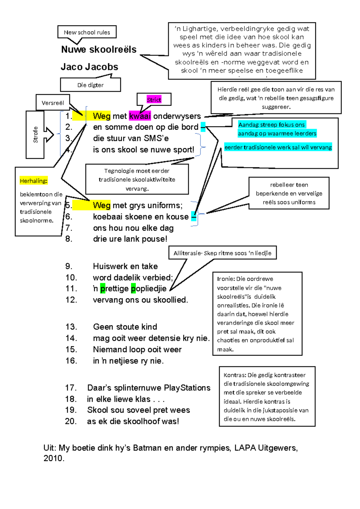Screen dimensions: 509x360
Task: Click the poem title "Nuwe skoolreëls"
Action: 99,50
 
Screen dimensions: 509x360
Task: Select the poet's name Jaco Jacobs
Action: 89,67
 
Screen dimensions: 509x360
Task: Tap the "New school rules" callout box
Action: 87,32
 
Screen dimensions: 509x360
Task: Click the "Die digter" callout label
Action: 90,85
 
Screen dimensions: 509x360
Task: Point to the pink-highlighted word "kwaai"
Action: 140,116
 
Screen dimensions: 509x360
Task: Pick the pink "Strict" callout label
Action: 154,100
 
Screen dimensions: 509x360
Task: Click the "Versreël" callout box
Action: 53,103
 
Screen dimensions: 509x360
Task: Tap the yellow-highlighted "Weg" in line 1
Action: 102,116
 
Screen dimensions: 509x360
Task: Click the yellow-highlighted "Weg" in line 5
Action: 102,205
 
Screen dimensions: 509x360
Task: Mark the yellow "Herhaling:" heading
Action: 34,181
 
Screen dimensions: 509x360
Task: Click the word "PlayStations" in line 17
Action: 187,388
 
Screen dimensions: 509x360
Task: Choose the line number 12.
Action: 71,300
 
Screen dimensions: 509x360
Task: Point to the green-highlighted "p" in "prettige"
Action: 103,289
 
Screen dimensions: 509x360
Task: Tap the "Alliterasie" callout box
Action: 222,253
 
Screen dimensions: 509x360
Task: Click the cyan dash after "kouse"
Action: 194,216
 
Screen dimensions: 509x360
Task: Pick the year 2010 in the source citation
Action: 53,458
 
